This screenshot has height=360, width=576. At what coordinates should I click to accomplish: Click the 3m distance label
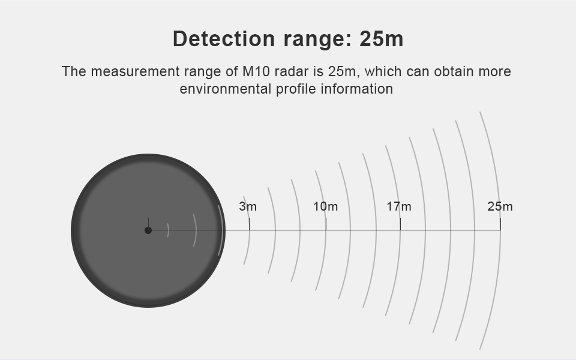tap(248, 206)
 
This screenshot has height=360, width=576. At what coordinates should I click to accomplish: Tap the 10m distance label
tap(325, 206)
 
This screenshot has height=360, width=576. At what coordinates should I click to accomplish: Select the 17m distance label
tap(399, 206)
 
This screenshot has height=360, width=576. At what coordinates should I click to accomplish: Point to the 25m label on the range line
tap(500, 206)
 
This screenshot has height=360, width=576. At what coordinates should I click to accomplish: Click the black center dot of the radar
tap(148, 230)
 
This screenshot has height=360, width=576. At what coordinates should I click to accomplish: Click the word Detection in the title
tap(224, 38)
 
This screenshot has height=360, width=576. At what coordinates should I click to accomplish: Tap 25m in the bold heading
tap(382, 38)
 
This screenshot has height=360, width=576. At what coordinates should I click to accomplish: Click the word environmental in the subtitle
tap(225, 89)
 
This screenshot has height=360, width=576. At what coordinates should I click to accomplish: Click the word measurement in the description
tap(135, 71)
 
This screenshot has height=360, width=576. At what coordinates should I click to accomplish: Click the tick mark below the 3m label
tap(249, 224)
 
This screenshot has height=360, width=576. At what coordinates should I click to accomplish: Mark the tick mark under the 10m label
tap(326, 224)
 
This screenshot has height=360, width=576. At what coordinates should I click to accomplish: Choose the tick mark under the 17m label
tap(400, 224)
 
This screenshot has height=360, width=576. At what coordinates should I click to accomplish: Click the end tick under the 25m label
tap(500, 224)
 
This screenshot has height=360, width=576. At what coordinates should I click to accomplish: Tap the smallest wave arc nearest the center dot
tap(169, 230)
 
